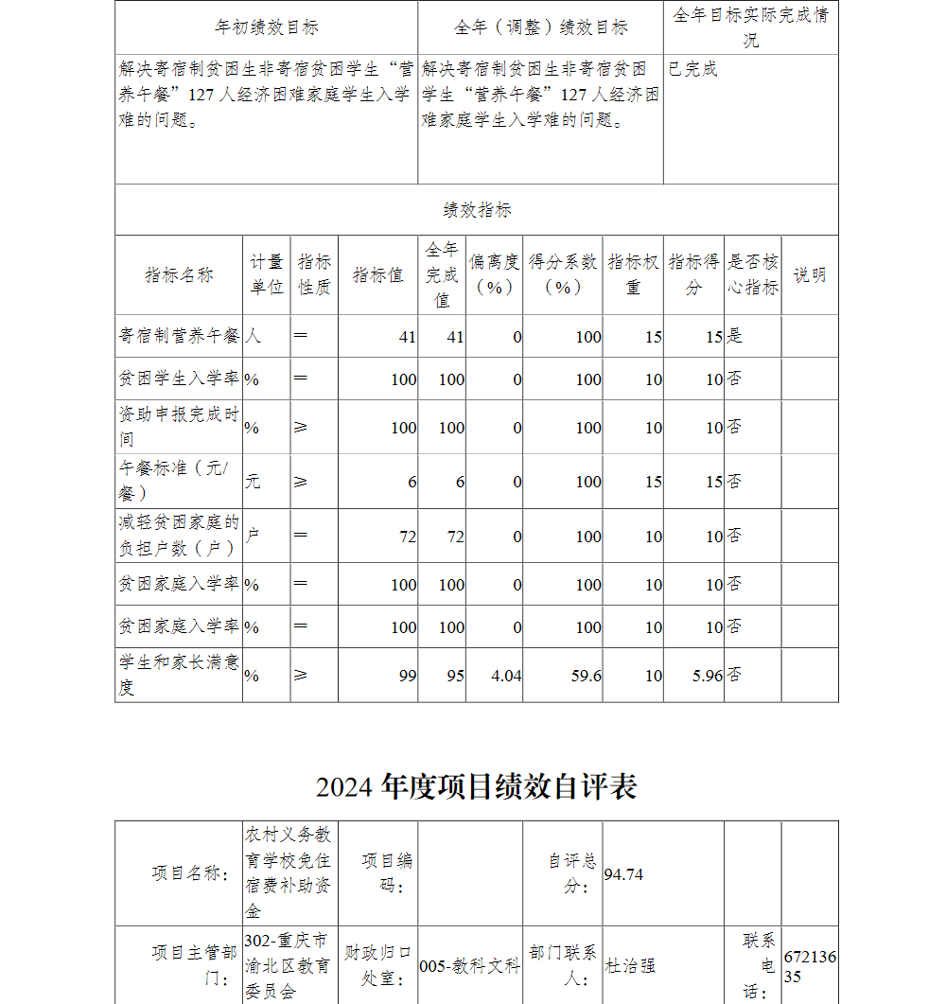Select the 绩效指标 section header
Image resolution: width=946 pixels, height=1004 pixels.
click(x=477, y=210)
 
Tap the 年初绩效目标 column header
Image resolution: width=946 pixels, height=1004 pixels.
click(x=267, y=27)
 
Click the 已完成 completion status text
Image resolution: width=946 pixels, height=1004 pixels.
click(x=693, y=69)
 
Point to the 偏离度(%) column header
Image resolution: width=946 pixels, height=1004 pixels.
click(x=494, y=274)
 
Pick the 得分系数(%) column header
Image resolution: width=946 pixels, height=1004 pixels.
click(x=563, y=274)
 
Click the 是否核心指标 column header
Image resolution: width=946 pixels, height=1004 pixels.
click(x=753, y=274)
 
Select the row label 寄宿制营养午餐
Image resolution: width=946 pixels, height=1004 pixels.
click(x=180, y=336)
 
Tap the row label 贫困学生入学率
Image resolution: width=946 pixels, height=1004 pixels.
click(x=180, y=379)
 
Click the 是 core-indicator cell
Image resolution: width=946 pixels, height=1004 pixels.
click(x=734, y=336)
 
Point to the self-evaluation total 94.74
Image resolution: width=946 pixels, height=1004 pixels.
click(x=623, y=874)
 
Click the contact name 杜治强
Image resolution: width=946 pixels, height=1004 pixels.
click(x=631, y=966)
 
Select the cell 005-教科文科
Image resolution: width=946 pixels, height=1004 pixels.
click(x=470, y=966)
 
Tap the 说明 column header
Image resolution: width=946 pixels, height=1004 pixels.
click(x=809, y=274)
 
